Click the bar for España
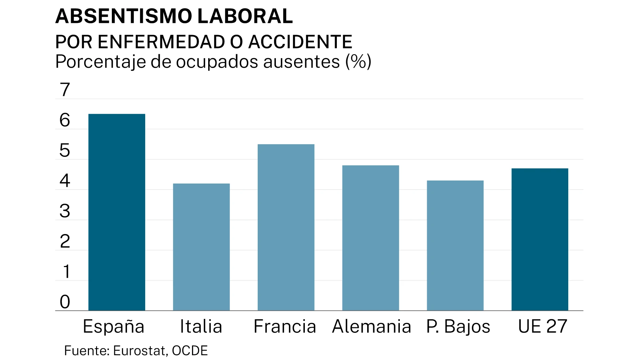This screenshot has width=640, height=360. (117, 212)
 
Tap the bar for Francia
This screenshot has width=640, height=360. (286, 227)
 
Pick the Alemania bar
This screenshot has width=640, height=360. (371, 238)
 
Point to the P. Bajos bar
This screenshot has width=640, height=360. (455, 246)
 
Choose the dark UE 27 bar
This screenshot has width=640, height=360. (540, 239)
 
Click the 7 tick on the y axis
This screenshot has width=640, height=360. (65, 90)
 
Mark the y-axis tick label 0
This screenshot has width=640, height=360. (65, 302)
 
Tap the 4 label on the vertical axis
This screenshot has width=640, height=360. (65, 181)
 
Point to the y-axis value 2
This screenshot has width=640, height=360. (65, 241)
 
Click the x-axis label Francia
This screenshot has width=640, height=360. (285, 326)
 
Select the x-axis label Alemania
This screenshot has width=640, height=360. (372, 326)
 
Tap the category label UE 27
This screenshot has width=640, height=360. (542, 326)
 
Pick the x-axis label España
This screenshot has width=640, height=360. (114, 327)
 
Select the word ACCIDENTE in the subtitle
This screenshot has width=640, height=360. (300, 42)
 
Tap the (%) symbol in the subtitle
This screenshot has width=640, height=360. (358, 62)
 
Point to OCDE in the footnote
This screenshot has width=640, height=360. (190, 351)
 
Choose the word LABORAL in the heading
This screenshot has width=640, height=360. (245, 16)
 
